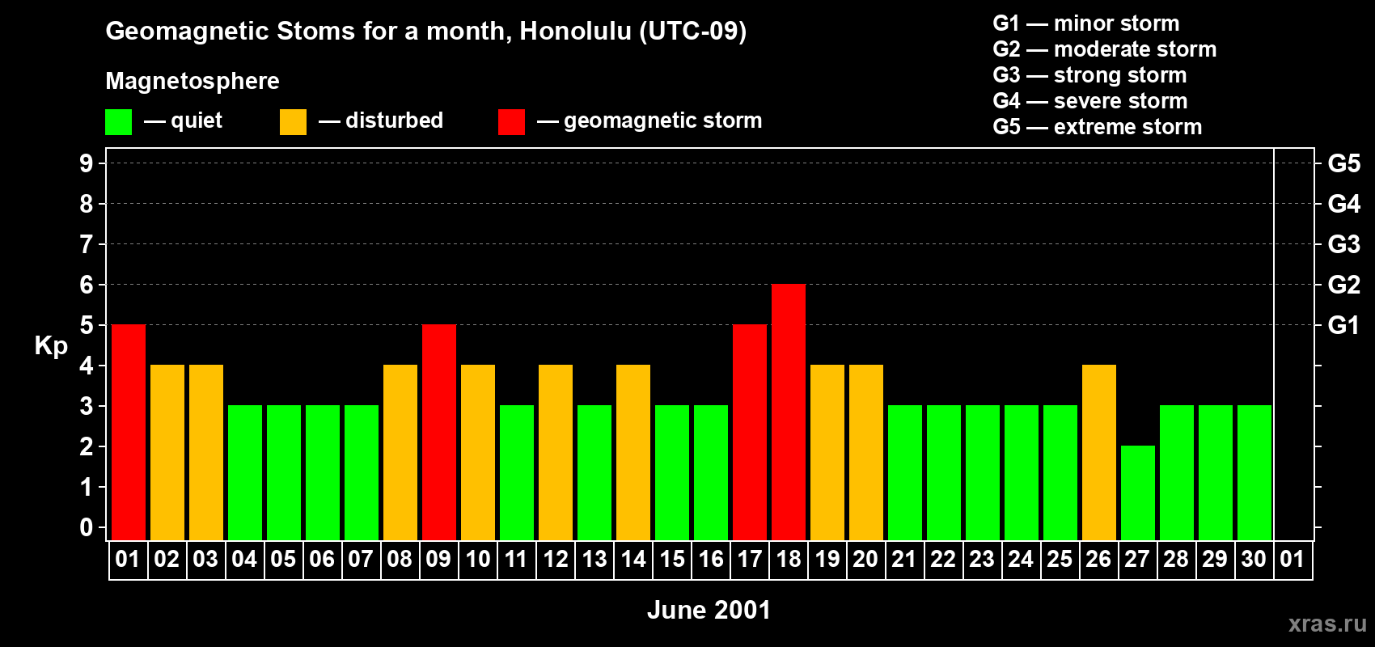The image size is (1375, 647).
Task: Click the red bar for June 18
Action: pyautogui.click(x=789, y=412)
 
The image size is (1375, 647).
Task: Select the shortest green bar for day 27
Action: pyautogui.click(x=1138, y=493)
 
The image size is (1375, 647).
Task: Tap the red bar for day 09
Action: pyautogui.click(x=439, y=433)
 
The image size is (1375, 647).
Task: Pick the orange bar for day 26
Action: pyautogui.click(x=1099, y=453)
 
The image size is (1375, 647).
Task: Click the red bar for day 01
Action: pyautogui.click(x=129, y=433)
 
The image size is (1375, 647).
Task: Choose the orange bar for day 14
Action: pyautogui.click(x=633, y=453)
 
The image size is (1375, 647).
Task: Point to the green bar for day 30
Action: pyautogui.click(x=1254, y=473)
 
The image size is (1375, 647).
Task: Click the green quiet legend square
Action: pyautogui.click(x=118, y=122)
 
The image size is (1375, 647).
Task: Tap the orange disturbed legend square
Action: pyautogui.click(x=293, y=122)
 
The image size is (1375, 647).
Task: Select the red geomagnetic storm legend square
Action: pyautogui.click(x=511, y=122)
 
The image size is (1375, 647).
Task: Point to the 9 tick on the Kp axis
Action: pyautogui.click(x=87, y=163)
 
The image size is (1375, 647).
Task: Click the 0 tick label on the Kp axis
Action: pyautogui.click(x=87, y=528)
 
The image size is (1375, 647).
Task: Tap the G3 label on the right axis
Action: pyautogui.click(x=1343, y=244)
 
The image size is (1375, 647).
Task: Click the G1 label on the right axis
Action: pyautogui.click(x=1343, y=325)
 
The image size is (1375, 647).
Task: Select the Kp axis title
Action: pyautogui.click(x=51, y=346)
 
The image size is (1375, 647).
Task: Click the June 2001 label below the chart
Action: pyautogui.click(x=709, y=610)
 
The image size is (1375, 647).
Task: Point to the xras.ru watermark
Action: pyautogui.click(x=1327, y=624)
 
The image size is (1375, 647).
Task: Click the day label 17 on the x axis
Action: pyautogui.click(x=750, y=560)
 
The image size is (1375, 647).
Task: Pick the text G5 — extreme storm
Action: pyautogui.click(x=1097, y=127)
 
